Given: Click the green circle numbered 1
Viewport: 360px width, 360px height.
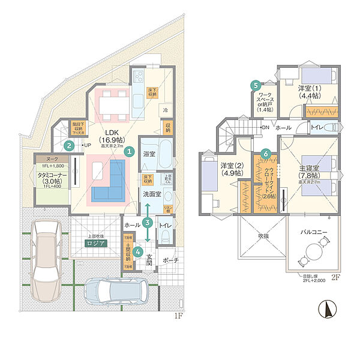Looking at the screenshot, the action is (x=128, y=152).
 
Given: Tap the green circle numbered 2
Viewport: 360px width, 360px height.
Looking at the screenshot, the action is (x=70, y=145).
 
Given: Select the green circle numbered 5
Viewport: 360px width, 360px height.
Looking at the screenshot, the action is (x=256, y=86).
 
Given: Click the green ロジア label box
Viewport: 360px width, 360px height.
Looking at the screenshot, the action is (x=97, y=244).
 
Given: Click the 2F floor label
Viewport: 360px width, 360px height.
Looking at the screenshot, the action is (x=335, y=278).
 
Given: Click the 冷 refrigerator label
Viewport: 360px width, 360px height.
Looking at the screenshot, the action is (x=165, y=110).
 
